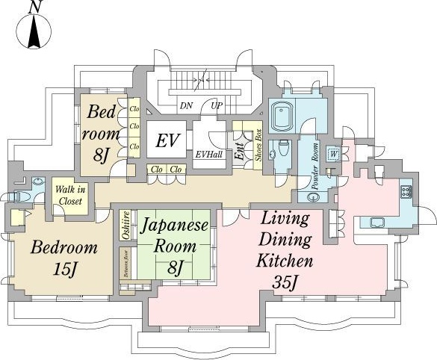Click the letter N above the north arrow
pos(35,7)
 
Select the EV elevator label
pos(165,140)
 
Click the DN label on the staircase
pos(186,105)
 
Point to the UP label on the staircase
pos(217,105)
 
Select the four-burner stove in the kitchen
pos(406,191)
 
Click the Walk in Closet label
pos(69,195)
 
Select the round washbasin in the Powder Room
pos(312,197)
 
